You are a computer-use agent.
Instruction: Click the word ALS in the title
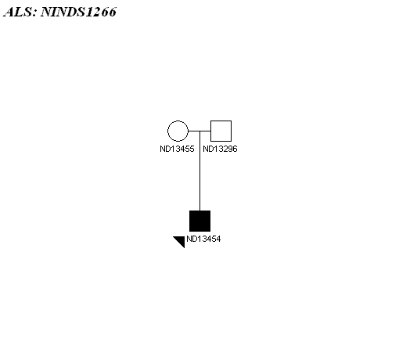[18, 12]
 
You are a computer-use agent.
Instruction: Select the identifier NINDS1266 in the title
[78, 12]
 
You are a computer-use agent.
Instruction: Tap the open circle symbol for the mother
[178, 131]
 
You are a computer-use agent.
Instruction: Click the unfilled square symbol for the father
[221, 131]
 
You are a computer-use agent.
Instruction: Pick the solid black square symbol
[199, 221]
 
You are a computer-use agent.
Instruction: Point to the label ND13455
[177, 149]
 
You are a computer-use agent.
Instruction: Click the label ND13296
[220, 149]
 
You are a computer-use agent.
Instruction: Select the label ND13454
[203, 239]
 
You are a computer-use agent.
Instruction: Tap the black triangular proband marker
[181, 240]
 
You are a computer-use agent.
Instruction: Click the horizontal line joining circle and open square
[199, 131]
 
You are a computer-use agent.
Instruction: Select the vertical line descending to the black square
[199, 171]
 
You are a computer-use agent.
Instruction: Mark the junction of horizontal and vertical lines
[199, 131]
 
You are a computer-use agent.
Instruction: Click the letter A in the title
[9, 12]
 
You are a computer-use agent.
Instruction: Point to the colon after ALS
[35, 13]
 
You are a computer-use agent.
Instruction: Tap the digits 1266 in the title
[101, 12]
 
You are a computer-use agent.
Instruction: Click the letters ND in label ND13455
[165, 149]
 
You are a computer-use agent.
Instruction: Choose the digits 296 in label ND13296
[229, 149]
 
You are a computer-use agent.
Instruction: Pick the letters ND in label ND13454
[192, 239]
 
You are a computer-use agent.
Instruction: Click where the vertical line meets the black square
[199, 211]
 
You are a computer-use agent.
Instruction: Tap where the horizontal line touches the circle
[189, 131]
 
